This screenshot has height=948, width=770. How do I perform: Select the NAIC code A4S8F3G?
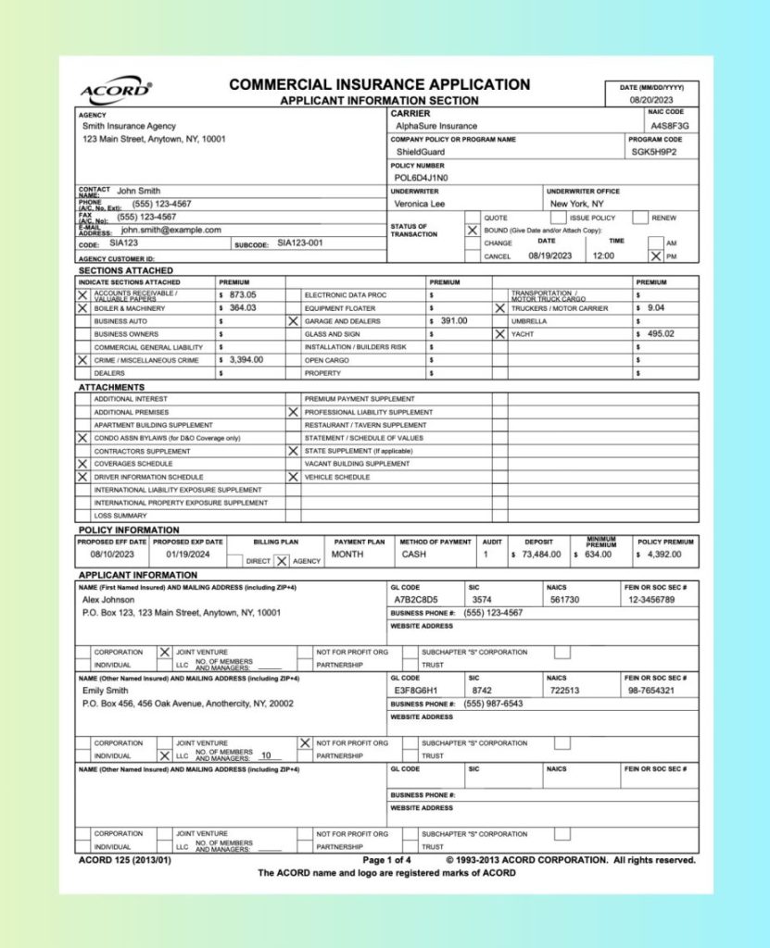click(669, 125)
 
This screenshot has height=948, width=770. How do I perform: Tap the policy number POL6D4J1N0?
click(421, 178)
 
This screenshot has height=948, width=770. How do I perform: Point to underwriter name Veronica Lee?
click(420, 204)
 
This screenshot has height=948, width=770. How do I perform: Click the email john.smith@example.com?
click(170, 230)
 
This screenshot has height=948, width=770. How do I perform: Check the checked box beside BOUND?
click(473, 230)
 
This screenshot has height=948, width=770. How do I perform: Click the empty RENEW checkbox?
click(640, 218)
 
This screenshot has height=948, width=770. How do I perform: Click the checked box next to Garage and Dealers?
click(293, 320)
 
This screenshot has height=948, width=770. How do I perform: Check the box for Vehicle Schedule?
click(293, 477)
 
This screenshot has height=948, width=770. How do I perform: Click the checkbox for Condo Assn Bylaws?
click(83, 438)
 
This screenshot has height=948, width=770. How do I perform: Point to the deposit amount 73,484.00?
click(542, 555)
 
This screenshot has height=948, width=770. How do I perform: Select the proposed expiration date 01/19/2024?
click(188, 555)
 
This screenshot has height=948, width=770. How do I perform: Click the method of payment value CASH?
click(414, 555)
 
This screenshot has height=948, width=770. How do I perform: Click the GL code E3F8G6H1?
click(415, 691)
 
